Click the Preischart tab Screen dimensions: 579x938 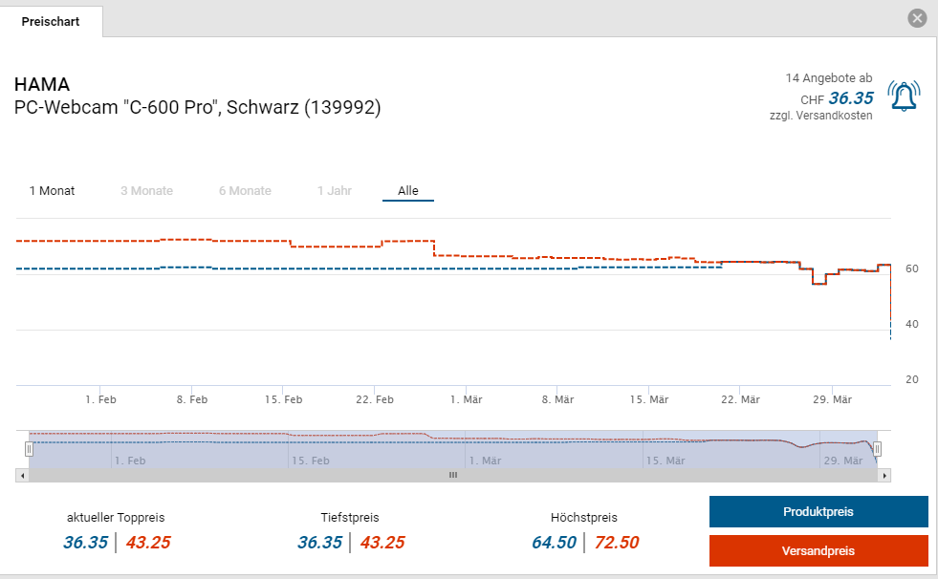click(x=51, y=21)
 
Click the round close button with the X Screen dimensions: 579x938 click(x=917, y=18)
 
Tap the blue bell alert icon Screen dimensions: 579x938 click(x=904, y=96)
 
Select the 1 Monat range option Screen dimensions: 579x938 click(x=52, y=191)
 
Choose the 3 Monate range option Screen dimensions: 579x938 click(x=146, y=191)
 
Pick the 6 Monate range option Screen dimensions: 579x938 click(x=245, y=191)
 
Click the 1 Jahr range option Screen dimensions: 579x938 click(x=335, y=191)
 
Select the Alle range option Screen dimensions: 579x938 click(x=408, y=191)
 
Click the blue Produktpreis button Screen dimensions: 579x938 click(x=818, y=512)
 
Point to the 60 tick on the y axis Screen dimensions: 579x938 click(x=912, y=269)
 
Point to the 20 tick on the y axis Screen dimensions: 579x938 click(x=912, y=380)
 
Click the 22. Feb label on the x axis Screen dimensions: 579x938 click(x=376, y=399)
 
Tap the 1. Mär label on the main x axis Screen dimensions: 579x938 click(x=467, y=399)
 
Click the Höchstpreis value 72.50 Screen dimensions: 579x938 click(x=617, y=543)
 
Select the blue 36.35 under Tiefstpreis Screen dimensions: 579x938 click(x=319, y=543)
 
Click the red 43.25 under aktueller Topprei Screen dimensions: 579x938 click(x=148, y=543)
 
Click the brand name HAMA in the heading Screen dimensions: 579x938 click(x=42, y=84)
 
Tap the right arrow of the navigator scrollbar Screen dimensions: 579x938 click(x=884, y=475)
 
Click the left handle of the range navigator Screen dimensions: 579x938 click(x=29, y=448)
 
